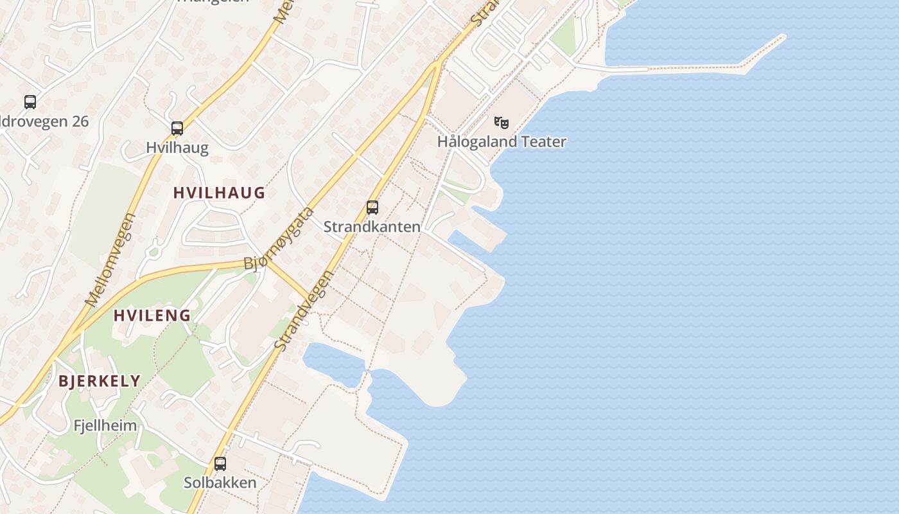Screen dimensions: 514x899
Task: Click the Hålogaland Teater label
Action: (502, 141)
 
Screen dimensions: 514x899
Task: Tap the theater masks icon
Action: (502, 122)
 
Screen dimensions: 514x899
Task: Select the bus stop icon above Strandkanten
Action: (372, 208)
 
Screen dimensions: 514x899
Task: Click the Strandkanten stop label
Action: (372, 227)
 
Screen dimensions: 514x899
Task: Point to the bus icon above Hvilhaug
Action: (177, 128)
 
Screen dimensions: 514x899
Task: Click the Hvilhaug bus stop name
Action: (177, 148)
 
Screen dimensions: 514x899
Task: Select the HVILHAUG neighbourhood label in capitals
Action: (219, 193)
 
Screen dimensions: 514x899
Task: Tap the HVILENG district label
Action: (152, 315)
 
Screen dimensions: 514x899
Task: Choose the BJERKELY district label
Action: (100, 380)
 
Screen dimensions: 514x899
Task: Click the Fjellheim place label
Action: (105, 425)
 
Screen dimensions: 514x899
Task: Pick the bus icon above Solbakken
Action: (220, 463)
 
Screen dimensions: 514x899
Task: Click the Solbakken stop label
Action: (220, 483)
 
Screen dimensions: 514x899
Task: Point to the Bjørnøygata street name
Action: (278, 239)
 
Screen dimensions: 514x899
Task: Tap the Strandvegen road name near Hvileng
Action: (304, 311)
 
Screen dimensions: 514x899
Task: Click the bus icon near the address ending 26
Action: (30, 102)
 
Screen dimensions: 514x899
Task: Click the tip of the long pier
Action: (782, 36)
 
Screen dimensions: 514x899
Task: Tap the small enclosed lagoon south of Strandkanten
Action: (334, 364)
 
